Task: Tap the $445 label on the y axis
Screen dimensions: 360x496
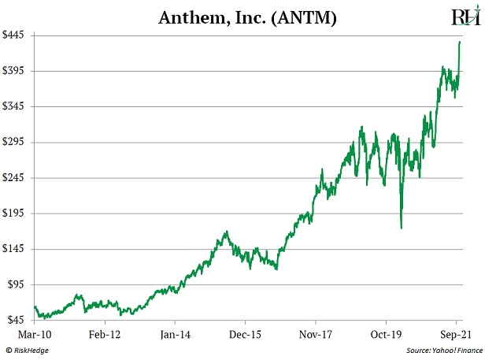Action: (17, 35)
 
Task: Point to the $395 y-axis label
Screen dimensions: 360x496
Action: (17, 71)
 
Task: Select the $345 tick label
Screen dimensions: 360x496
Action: (17, 106)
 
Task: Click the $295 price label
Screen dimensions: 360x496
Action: (17, 142)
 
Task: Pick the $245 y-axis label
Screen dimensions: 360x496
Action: (17, 177)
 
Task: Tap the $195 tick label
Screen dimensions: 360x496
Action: (17, 213)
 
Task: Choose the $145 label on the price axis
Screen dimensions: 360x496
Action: (17, 248)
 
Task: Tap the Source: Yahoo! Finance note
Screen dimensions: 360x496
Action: (446, 350)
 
